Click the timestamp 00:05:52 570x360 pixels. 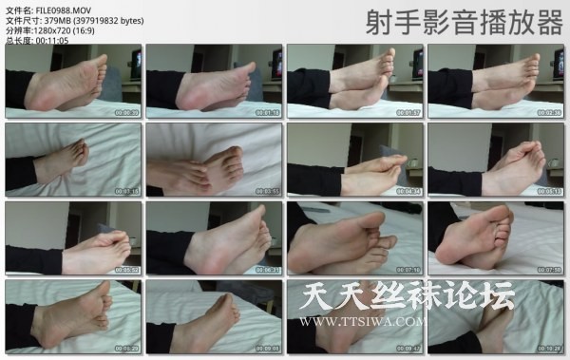coord(126,269)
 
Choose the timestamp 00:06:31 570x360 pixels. coord(267,269)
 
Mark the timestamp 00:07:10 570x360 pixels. coord(408,269)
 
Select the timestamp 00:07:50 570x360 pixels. coord(548,269)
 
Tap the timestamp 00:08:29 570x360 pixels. coord(126,348)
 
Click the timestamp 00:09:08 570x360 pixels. coord(267,348)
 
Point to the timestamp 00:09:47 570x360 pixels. coord(408,348)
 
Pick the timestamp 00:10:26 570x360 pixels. coord(548,348)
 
